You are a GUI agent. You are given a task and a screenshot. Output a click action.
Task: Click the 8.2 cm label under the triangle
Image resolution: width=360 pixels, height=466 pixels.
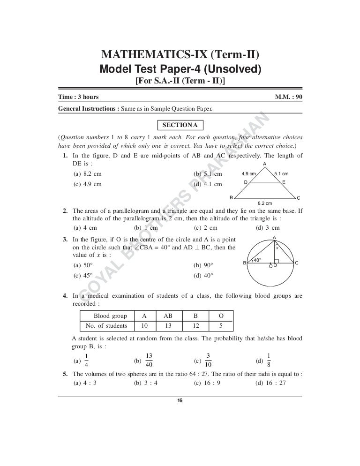coord(265,203)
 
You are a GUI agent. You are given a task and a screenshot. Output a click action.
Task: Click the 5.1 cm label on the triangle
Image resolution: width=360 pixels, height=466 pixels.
coord(281,173)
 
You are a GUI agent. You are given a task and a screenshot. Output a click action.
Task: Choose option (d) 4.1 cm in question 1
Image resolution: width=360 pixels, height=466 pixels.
coord(208,184)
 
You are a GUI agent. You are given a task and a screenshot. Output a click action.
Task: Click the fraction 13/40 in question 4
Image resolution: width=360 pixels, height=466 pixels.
coord(150,360)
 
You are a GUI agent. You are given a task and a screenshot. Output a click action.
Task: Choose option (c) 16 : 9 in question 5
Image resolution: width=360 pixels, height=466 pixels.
coord(204,382)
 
